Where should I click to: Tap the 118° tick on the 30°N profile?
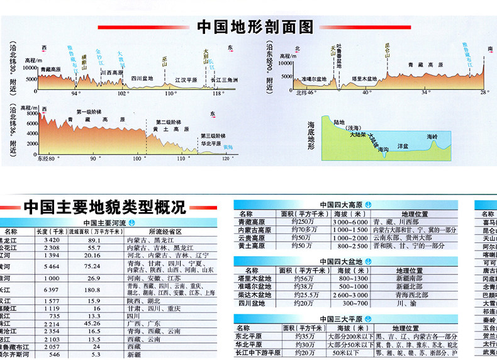click(x=218, y=93)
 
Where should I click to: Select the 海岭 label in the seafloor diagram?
click(x=432, y=137)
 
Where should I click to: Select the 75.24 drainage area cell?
click(x=94, y=266)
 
